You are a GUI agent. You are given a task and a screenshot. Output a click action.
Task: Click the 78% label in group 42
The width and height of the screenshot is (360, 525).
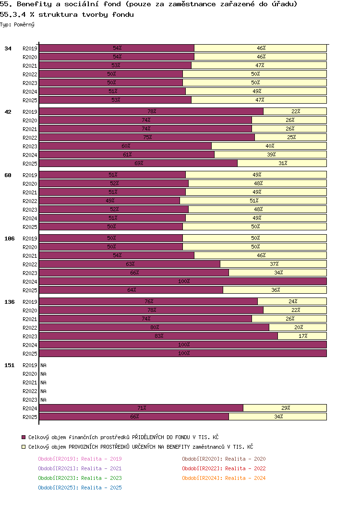point(152,111)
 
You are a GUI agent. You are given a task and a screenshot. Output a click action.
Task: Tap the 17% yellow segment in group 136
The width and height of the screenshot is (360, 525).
point(302,336)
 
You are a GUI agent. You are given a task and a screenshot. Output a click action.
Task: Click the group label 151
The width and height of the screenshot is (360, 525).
point(9,365)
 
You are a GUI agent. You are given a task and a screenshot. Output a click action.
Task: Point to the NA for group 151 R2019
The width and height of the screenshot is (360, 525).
point(43,365)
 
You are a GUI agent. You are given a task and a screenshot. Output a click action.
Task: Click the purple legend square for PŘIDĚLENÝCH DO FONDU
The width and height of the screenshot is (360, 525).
point(24,437)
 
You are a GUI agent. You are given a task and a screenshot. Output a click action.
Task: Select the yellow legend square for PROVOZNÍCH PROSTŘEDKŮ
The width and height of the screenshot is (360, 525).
point(24,447)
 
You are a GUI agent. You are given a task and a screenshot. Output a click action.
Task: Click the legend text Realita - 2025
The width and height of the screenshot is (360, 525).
point(101,488)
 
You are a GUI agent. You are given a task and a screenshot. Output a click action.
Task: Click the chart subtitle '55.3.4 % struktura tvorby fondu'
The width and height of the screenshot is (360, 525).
point(67,14)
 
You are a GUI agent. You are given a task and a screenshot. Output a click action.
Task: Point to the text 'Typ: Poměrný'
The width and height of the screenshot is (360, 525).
point(17,24)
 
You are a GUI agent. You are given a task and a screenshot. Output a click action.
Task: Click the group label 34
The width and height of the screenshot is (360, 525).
point(8,48)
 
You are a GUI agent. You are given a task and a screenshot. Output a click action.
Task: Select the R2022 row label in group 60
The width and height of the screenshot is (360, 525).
point(30,201)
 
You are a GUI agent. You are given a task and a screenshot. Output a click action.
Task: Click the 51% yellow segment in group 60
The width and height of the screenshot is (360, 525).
point(253,201)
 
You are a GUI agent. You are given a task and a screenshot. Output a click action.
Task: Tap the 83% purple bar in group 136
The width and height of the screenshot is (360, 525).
point(158,336)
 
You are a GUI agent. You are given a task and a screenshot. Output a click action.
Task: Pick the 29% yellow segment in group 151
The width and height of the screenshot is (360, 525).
point(285,408)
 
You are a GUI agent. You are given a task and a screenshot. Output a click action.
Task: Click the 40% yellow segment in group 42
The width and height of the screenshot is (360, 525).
point(269,146)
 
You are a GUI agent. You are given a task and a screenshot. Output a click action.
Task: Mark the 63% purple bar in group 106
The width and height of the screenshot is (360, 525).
point(130,264)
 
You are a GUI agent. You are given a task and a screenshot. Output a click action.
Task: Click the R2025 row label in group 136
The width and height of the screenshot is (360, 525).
point(30,354)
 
